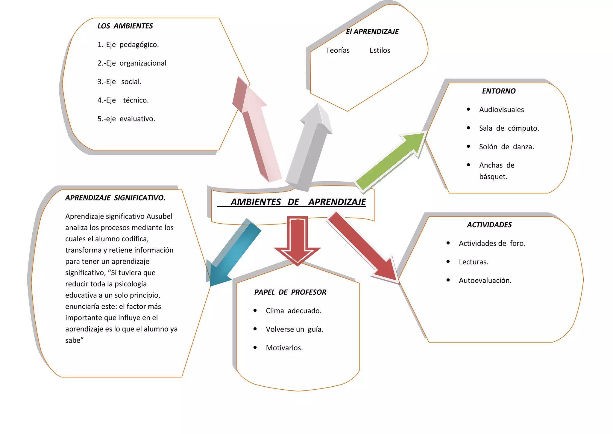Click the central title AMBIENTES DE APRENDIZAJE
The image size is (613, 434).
pyautogui.click(x=298, y=202)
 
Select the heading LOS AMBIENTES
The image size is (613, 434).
pyautogui.click(x=125, y=26)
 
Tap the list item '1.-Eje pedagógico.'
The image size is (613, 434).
pyautogui.click(x=128, y=45)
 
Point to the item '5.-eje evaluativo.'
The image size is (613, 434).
pyautogui.click(x=126, y=119)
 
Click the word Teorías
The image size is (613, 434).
pyautogui.click(x=338, y=50)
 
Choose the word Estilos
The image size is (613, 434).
pyautogui.click(x=380, y=50)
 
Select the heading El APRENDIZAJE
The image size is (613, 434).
pyautogui.click(x=372, y=32)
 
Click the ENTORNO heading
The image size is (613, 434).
pyautogui.click(x=499, y=91)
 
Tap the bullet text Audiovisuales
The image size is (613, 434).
pyautogui.click(x=501, y=110)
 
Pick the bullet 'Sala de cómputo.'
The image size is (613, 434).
pyautogui.click(x=509, y=128)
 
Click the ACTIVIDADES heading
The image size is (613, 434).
pyautogui.click(x=489, y=225)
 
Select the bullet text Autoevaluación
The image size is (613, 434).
pyautogui.click(x=485, y=281)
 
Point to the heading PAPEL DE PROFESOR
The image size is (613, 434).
pyautogui.click(x=290, y=292)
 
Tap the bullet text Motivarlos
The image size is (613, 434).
pyautogui.click(x=284, y=348)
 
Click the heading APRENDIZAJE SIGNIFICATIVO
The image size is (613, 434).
pyautogui.click(x=115, y=198)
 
